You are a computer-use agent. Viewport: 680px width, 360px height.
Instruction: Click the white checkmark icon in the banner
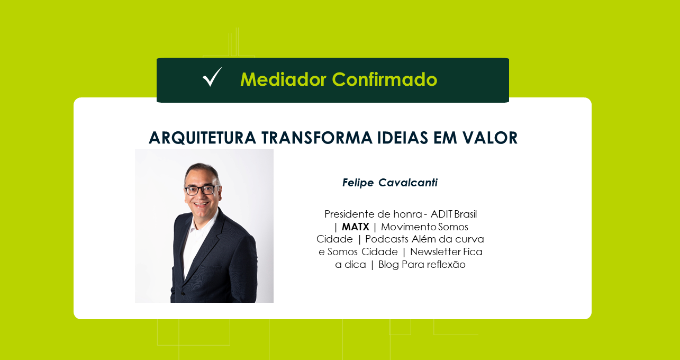pos(212,77)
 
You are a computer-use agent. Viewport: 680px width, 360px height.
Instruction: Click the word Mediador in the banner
pos(283,79)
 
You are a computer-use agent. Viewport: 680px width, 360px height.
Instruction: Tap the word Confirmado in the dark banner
pos(385,79)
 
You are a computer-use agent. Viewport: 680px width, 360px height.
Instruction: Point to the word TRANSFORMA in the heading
pos(317,138)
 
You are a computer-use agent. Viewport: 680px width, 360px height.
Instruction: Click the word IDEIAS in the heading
pos(403,138)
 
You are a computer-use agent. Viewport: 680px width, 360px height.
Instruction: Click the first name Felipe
pos(358,183)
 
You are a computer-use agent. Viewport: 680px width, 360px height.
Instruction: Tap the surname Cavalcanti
pos(408,183)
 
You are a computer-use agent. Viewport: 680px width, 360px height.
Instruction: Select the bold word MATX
pos(356,227)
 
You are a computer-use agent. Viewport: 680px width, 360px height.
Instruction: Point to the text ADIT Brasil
pos(454,214)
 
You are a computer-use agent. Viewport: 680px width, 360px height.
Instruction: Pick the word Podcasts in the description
pos(387,239)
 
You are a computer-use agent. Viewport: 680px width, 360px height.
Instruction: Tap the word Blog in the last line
pos(388,265)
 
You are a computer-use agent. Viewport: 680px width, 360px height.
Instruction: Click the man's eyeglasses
pos(201,190)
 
